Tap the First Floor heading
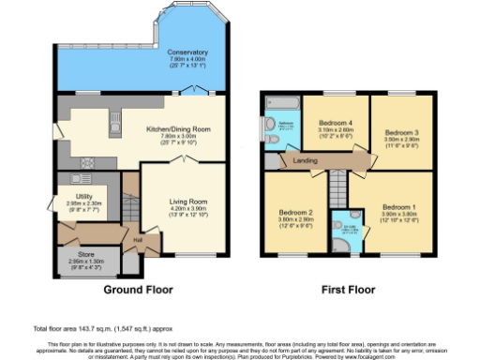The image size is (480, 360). (x=348, y=292)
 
